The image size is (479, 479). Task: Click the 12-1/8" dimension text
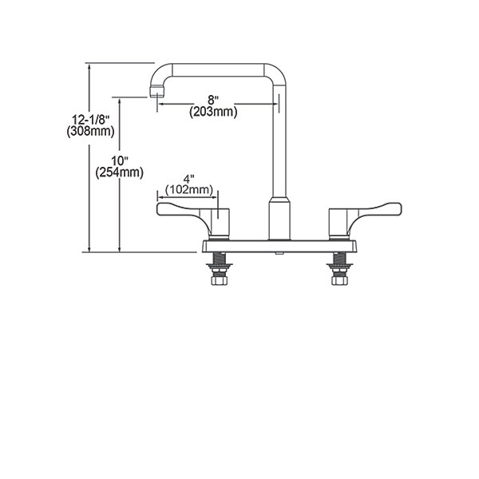pos(91,119)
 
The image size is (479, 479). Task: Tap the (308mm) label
pos(91,132)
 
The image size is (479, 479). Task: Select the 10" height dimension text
pos(119,160)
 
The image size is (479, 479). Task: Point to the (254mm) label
pos(119,173)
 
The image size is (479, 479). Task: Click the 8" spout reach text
pos(213,100)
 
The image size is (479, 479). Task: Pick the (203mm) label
pos(213,112)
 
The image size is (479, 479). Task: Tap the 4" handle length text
pos(189,179)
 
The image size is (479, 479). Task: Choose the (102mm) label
pos(189,190)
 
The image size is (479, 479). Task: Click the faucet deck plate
pos(279,247)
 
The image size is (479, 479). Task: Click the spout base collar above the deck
pos(279,219)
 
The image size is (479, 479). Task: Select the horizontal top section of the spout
pos(218,69)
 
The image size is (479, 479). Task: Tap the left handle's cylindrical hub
pos(220,223)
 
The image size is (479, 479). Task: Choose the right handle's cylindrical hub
pos(338,223)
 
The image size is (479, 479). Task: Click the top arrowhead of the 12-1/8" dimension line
pos(89,67)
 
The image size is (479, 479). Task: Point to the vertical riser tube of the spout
pos(279,141)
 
